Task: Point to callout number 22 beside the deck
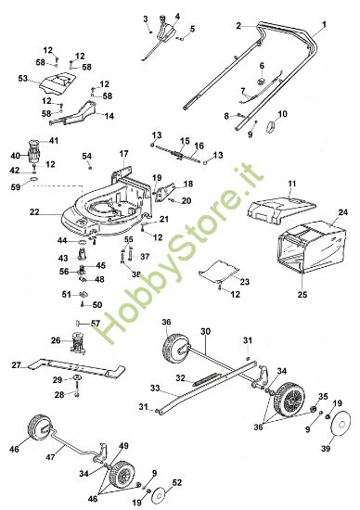point(33,212)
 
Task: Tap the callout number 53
point(23,80)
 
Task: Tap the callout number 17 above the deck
point(123,152)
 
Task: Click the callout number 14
point(109,116)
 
